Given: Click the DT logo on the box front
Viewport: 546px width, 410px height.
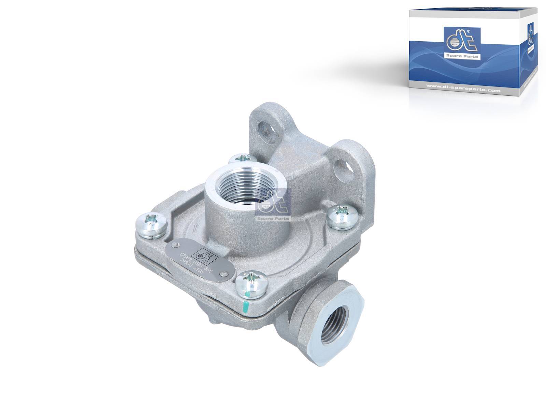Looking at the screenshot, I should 461,42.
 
